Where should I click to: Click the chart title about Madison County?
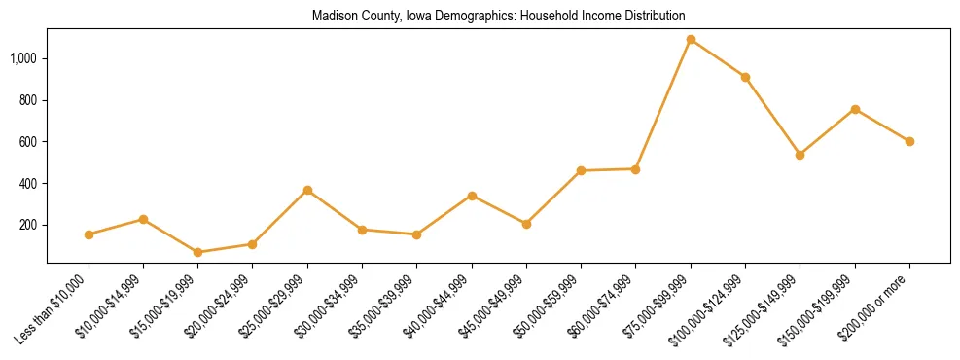[498, 17]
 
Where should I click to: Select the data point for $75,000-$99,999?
[691, 40]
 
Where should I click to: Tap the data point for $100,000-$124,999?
[745, 77]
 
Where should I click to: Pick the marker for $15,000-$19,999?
[198, 252]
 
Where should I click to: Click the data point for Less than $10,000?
[89, 234]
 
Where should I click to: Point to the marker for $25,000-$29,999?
[307, 190]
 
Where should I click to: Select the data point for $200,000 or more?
[909, 141]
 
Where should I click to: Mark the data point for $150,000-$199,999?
[855, 109]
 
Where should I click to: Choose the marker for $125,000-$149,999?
[800, 155]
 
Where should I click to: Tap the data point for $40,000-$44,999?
[472, 196]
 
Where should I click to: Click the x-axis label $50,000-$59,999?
[551, 306]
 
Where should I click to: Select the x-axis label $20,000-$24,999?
[222, 306]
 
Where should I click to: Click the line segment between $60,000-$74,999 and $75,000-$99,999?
[663, 104]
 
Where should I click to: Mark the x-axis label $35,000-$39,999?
[386, 306]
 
